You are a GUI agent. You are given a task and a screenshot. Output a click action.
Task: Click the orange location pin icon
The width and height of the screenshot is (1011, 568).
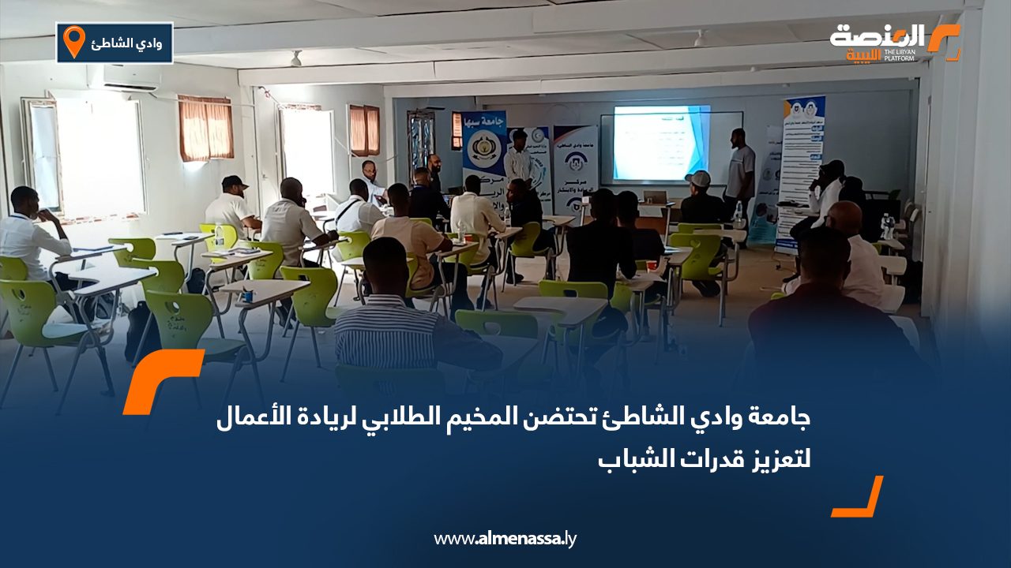click(x=73, y=42)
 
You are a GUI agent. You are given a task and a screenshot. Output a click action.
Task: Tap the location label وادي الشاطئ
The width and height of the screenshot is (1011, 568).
click(x=127, y=43)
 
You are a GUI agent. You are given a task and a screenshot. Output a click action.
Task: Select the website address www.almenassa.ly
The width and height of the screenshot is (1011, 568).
click(x=505, y=539)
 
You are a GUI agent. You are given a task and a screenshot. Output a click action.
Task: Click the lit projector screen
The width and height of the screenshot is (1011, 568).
click(x=660, y=143)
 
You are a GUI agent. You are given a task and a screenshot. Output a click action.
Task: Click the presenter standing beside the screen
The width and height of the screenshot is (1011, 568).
click(x=740, y=170)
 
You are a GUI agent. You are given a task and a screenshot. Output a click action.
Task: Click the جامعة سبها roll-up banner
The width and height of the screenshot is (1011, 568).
click(x=483, y=158)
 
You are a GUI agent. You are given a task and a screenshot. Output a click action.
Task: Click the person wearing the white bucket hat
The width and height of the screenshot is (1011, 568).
click(x=700, y=197)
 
